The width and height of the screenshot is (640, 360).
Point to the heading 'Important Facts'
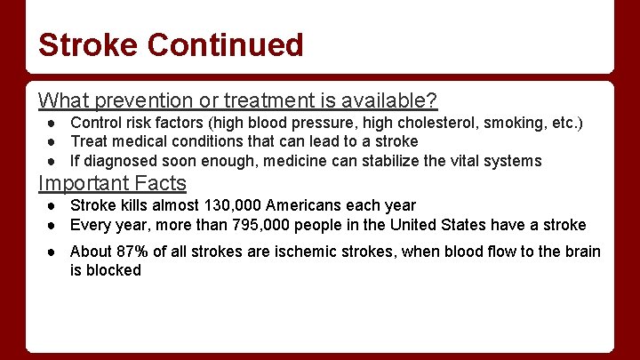112,183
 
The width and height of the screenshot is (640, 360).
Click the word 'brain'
581,252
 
